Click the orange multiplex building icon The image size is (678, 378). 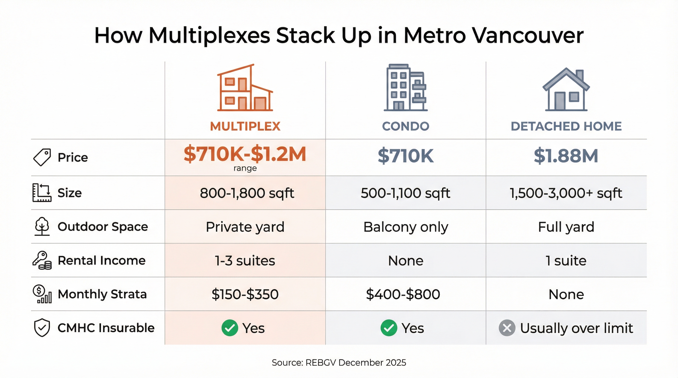[x=245, y=88]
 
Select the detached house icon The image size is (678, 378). [x=566, y=89]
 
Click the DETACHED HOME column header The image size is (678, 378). [x=566, y=126]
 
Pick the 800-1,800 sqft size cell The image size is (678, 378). [x=247, y=193]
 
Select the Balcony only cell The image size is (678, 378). [x=406, y=227]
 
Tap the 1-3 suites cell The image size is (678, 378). [x=245, y=261]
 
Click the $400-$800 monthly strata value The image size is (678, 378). [x=403, y=294]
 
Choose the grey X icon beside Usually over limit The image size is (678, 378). [x=507, y=328]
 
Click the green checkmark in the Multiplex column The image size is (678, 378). [x=230, y=328]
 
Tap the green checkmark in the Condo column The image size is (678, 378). [x=389, y=328]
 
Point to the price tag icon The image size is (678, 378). [x=42, y=157]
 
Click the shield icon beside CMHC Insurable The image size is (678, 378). [x=42, y=328]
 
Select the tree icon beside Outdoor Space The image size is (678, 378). [x=42, y=226]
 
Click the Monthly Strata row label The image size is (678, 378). [x=102, y=294]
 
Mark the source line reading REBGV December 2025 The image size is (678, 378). [x=339, y=363]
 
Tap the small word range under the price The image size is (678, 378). [x=245, y=168]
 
